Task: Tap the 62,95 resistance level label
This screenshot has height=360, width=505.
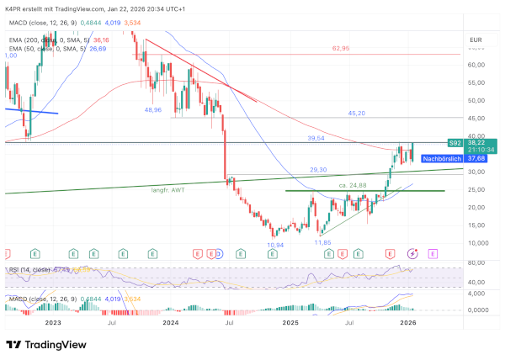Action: point(341,48)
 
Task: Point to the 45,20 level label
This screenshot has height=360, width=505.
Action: point(356,113)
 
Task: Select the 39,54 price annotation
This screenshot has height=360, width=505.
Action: point(316,138)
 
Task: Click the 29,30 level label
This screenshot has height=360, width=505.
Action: point(318,170)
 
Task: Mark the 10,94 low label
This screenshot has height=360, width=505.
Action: point(275,245)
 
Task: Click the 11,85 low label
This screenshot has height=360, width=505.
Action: point(322,241)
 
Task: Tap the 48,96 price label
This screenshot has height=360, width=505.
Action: point(153,109)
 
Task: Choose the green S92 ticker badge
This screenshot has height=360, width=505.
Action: point(454,144)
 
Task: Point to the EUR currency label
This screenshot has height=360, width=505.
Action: point(475,40)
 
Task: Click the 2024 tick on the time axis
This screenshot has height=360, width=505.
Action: point(171,322)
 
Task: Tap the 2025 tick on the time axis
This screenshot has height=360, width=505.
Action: point(290,322)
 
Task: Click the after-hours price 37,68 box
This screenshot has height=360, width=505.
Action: point(476,157)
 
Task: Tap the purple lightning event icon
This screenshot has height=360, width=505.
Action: point(412,252)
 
